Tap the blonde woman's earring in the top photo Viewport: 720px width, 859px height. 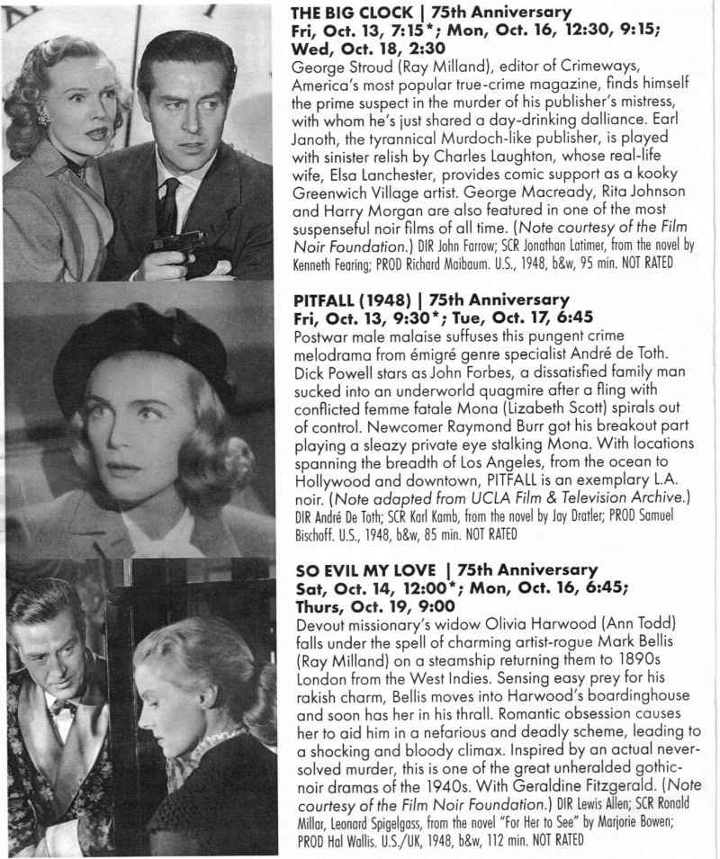41,116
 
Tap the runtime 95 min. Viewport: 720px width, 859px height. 567,265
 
